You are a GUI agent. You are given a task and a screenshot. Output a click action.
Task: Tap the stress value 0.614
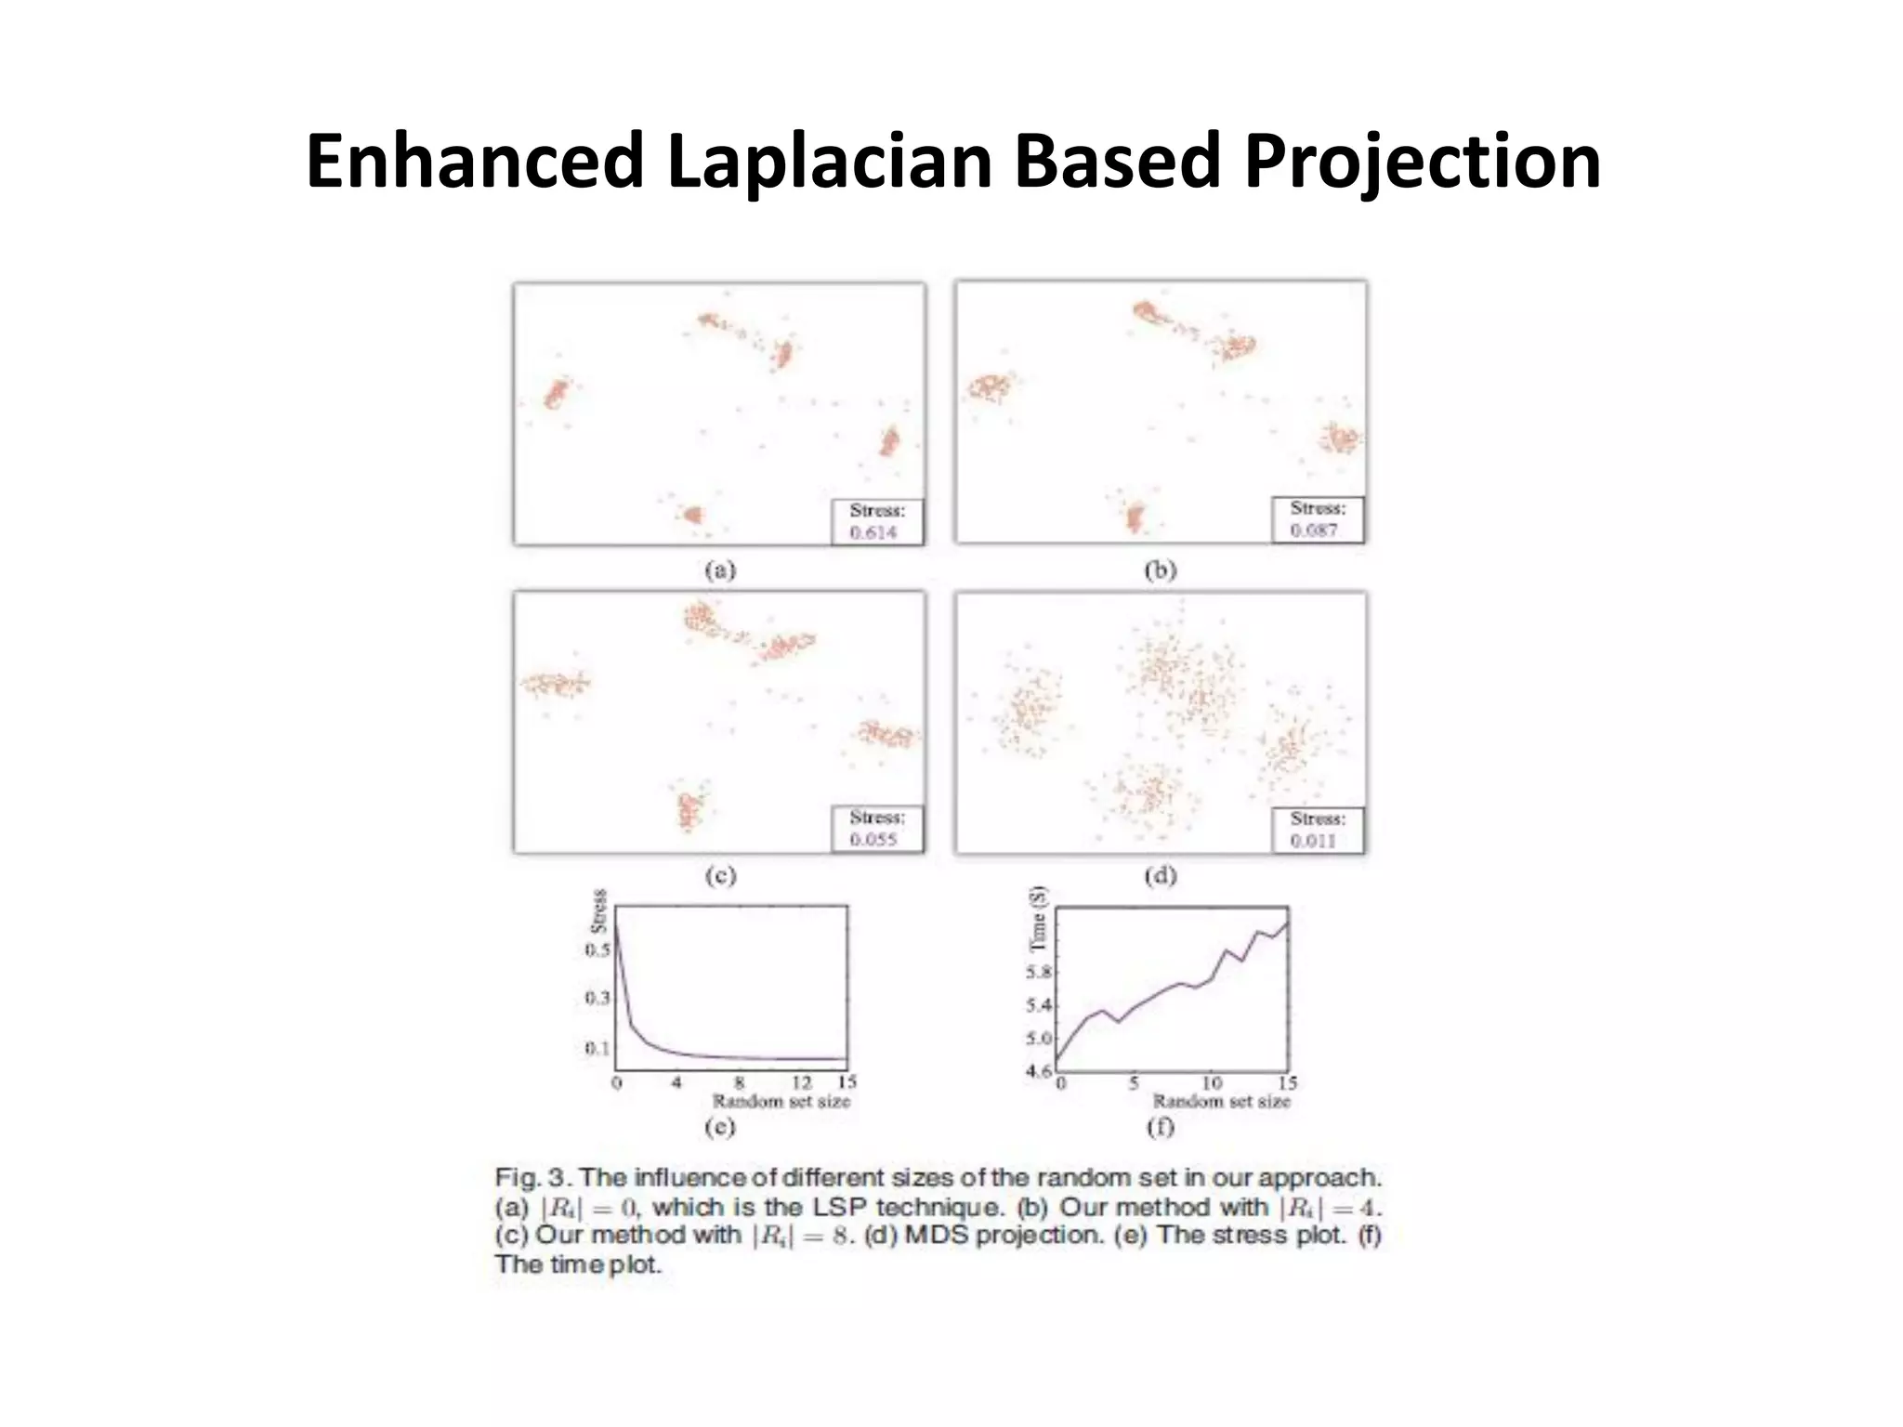(x=873, y=532)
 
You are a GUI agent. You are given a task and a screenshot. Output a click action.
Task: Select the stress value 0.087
(x=1314, y=530)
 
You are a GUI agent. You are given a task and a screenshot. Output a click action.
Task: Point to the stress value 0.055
(x=873, y=839)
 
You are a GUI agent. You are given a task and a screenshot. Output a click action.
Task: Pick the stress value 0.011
(x=1313, y=841)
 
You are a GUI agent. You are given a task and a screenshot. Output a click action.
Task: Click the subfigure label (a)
(x=720, y=570)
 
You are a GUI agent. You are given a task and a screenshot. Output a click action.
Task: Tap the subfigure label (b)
(x=1161, y=570)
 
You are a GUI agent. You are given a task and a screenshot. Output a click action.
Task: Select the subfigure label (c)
(x=720, y=875)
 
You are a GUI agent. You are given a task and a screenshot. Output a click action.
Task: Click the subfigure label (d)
(x=1161, y=875)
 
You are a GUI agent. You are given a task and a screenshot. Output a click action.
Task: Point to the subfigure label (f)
(x=1161, y=1127)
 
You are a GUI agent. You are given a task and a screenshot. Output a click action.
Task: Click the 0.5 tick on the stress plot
(x=597, y=949)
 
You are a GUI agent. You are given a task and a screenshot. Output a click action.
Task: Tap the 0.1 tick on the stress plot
(x=597, y=1048)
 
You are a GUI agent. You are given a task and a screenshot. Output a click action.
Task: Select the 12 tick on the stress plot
(x=801, y=1083)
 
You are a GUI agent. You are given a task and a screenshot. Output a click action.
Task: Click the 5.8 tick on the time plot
(x=1038, y=973)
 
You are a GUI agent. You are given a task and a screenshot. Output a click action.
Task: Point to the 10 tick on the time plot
(x=1212, y=1083)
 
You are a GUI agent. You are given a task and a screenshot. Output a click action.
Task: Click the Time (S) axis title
(x=1039, y=919)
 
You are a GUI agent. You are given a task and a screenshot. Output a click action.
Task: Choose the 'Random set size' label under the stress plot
(x=781, y=1102)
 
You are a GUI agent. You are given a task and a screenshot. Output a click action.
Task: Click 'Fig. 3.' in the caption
(x=531, y=1178)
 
